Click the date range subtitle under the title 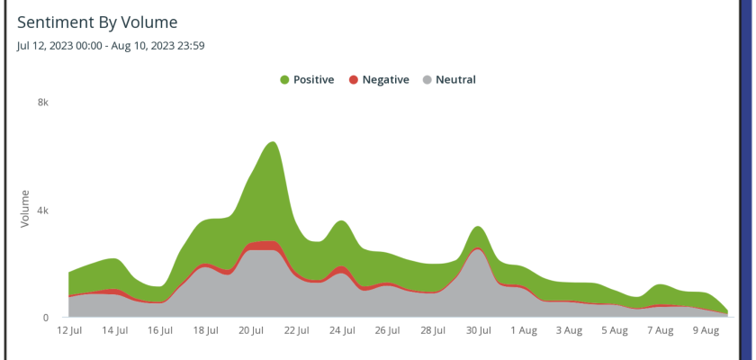coord(111,45)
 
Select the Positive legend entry coord(307,79)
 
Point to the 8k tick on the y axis coord(42,103)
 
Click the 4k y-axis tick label coord(42,210)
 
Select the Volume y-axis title coord(25,209)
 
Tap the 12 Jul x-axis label coord(68,331)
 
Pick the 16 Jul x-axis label coord(160,331)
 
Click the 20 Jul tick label coord(251,331)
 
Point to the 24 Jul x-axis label coord(342,331)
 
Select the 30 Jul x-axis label coord(478,331)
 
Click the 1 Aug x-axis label coord(524,331)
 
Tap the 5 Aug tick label coord(615,331)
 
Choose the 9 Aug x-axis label coord(706,331)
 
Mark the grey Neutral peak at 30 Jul coord(477,249)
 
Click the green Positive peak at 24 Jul coord(341,221)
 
